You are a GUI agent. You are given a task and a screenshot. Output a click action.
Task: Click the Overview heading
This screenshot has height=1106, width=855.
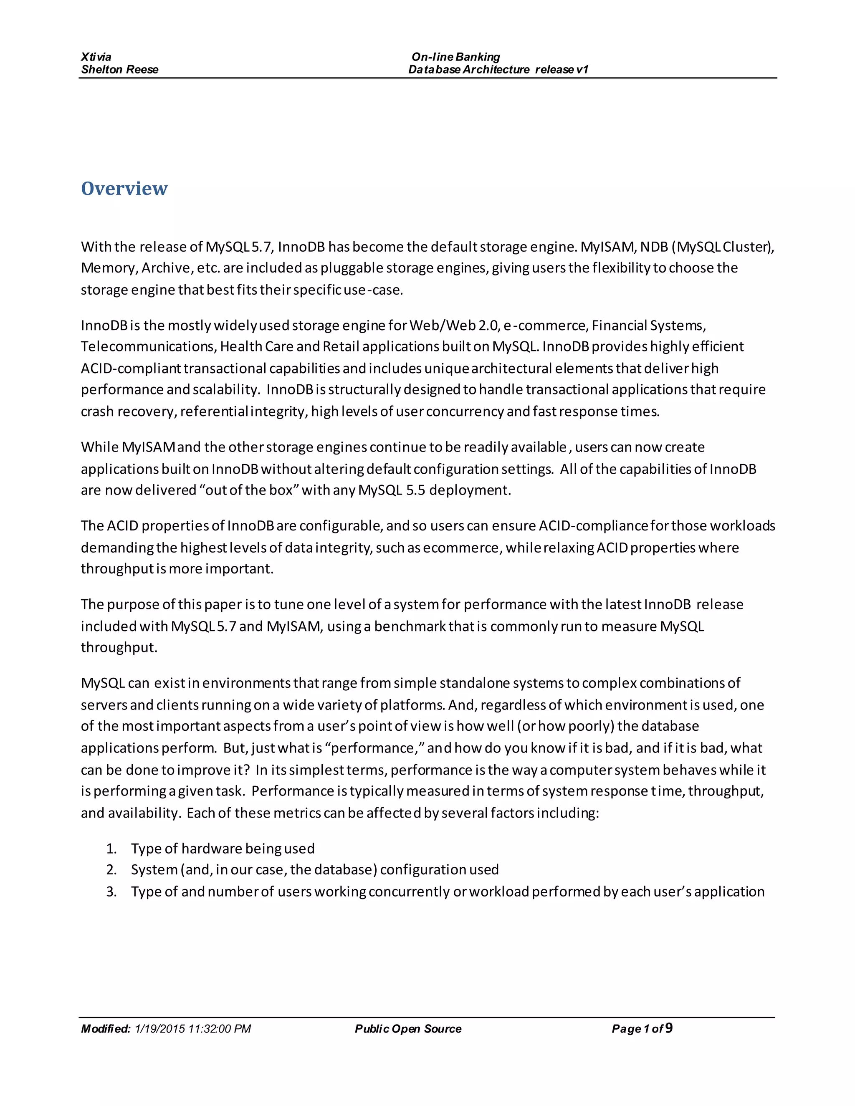pos(124,188)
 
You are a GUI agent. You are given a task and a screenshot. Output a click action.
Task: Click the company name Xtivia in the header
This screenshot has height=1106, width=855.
pos(96,57)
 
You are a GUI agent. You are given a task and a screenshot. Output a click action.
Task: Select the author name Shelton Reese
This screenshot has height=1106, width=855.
pos(119,69)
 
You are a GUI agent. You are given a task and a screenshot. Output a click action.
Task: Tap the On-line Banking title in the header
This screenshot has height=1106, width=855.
pos(455,57)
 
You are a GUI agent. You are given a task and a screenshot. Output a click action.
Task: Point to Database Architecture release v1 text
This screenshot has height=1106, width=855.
pos(498,69)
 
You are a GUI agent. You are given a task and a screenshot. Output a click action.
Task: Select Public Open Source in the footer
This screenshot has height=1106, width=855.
pos(408,1028)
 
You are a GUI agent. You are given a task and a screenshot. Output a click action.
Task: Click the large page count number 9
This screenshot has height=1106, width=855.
pos(669,1028)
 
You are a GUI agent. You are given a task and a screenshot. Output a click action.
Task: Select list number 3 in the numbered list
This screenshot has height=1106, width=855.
pos(111,892)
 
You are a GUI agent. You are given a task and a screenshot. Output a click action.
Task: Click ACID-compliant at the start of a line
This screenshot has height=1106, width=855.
pos(131,368)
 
